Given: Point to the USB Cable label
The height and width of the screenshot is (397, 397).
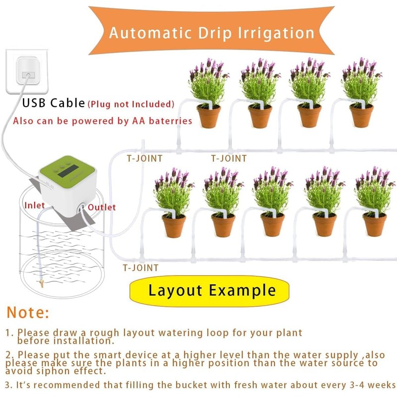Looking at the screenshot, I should point(54,103).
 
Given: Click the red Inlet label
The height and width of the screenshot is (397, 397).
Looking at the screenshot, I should point(35,205).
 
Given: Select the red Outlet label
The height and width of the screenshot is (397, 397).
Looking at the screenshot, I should point(101,207).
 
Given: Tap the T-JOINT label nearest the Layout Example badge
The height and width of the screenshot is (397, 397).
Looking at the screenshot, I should point(140,268).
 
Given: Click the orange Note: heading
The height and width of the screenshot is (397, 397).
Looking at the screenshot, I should point(28,313).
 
